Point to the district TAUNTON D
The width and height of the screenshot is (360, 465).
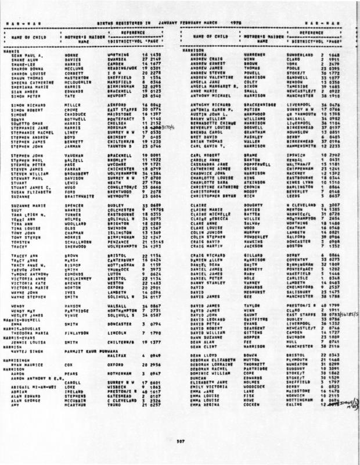[x=121, y=150]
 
